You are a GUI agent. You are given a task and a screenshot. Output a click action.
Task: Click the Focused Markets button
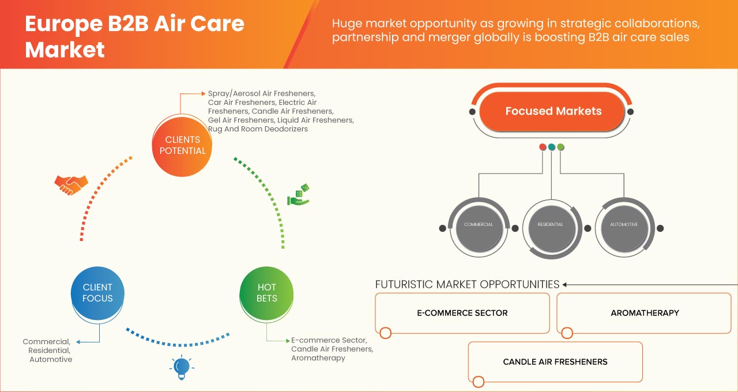click(x=553, y=111)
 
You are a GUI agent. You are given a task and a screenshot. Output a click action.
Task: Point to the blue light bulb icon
click(x=182, y=367)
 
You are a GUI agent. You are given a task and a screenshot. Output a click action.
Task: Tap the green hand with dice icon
click(x=299, y=195)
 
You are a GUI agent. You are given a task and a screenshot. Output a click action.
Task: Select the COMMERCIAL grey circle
click(x=479, y=224)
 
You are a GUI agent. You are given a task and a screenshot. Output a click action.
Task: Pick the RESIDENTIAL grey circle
click(x=551, y=224)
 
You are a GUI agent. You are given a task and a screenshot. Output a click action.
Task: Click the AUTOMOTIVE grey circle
click(x=623, y=224)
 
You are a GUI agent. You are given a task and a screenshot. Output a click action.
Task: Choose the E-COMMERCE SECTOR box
click(x=462, y=313)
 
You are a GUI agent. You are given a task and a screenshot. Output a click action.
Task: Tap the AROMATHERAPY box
click(x=644, y=313)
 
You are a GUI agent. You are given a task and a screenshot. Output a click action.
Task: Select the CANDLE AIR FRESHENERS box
click(x=555, y=362)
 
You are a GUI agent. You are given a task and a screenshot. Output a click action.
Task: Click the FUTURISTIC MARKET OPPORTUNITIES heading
click(x=467, y=284)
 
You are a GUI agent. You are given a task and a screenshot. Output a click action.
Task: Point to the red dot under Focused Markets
click(x=543, y=147)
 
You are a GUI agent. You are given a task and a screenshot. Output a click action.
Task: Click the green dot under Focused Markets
click(x=560, y=147)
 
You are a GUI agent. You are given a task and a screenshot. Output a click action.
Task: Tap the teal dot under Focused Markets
click(x=552, y=147)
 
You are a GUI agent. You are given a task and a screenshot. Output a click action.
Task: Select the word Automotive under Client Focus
click(x=51, y=359)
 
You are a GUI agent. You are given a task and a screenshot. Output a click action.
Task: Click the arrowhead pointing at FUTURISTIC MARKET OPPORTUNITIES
click(x=565, y=284)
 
